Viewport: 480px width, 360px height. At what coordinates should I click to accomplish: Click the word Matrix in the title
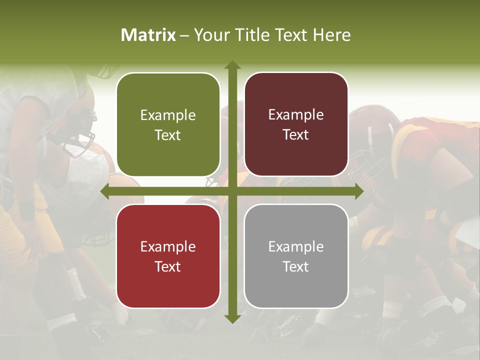(x=148, y=35)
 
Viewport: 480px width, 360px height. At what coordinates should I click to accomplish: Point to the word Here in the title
(x=331, y=35)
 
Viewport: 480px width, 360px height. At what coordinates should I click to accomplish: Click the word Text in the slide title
(x=291, y=35)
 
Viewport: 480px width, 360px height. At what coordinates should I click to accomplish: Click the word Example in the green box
(x=168, y=115)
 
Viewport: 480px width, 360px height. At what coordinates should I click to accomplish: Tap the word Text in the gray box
(x=296, y=266)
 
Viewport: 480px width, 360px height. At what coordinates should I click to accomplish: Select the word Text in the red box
(x=168, y=266)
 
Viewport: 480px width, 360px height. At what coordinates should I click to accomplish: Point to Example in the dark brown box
(x=296, y=115)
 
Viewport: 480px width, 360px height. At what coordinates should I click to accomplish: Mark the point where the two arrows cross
(x=232, y=191)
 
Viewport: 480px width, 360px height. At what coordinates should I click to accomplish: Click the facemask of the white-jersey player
(x=82, y=135)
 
